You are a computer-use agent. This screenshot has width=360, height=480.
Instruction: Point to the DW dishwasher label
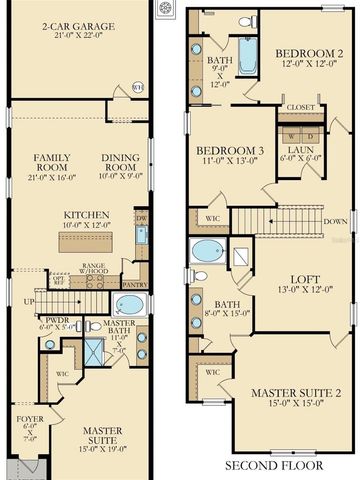coord(141,218)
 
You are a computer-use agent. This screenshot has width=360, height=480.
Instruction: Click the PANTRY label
coord(135,266)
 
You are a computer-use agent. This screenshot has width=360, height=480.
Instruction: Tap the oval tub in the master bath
coord(130,305)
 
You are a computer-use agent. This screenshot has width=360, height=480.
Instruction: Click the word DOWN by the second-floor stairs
coord(335,222)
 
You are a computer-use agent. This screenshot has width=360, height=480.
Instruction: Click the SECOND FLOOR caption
coord(273,466)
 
